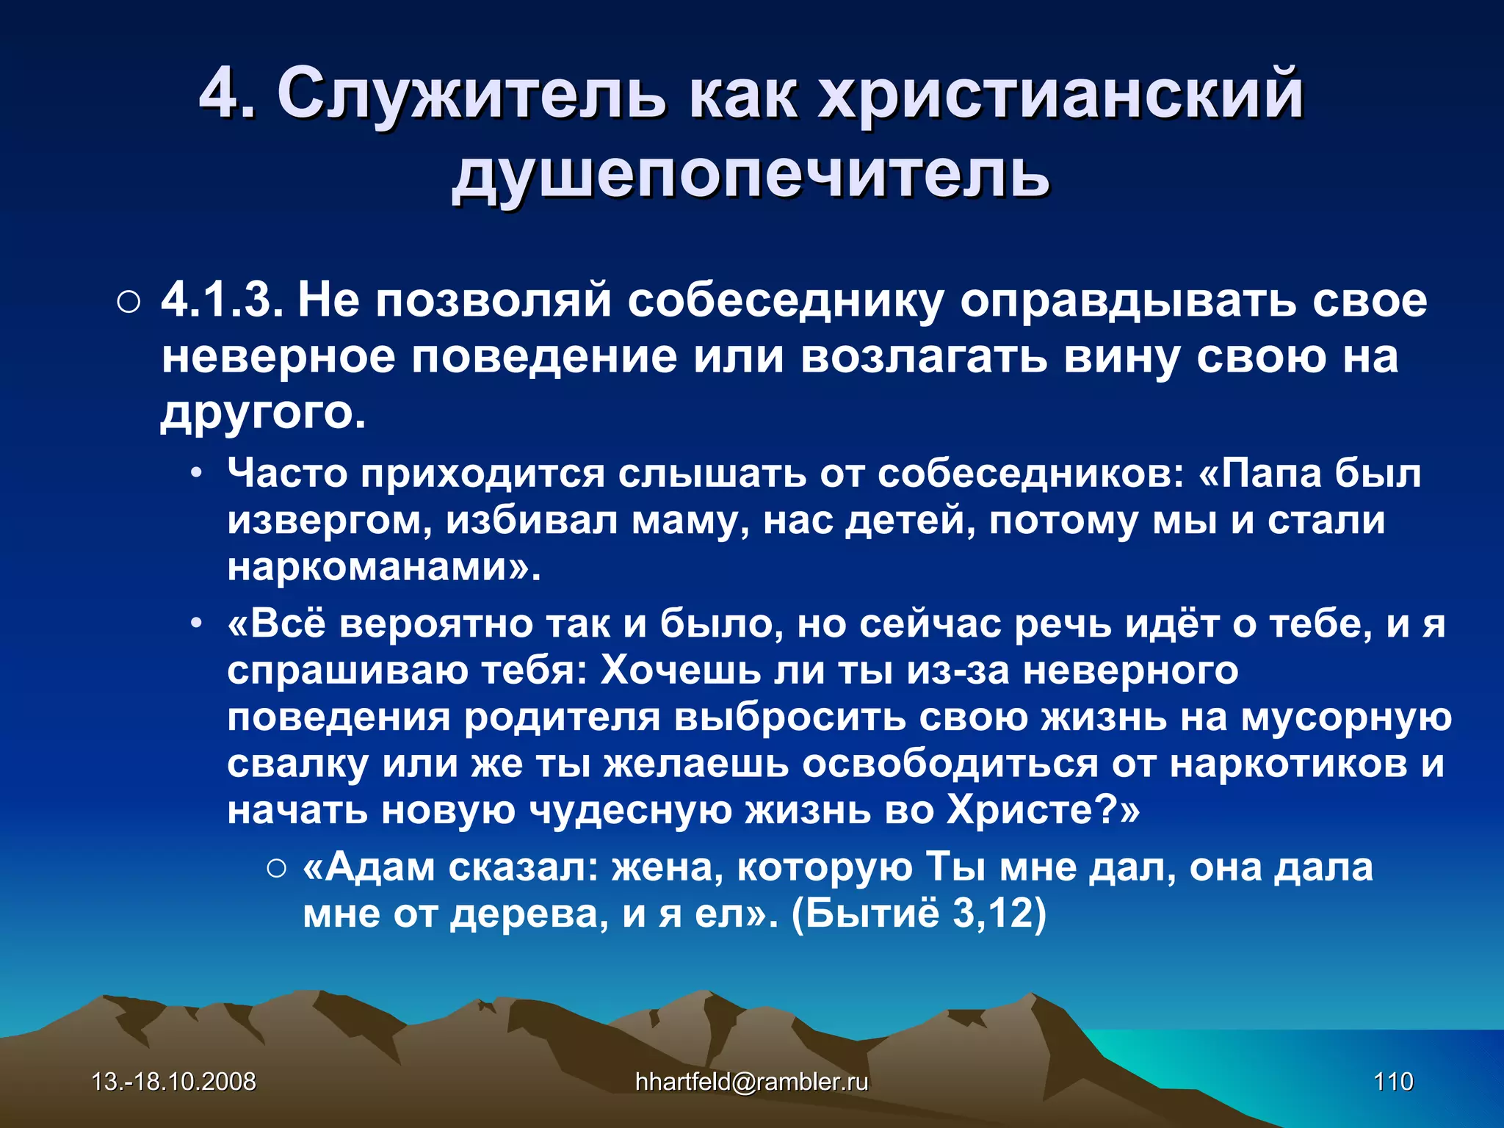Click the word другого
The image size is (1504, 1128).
tap(262, 413)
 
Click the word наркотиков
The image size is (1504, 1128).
tap(1288, 764)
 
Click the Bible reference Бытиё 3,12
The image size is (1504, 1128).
tap(918, 914)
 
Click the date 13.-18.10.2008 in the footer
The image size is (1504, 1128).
tap(173, 1082)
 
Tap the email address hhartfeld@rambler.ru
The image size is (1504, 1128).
tap(751, 1082)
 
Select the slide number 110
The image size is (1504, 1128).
tap(1393, 1082)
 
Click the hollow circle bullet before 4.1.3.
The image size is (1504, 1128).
tap(128, 303)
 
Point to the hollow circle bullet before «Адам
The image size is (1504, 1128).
tap(277, 869)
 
